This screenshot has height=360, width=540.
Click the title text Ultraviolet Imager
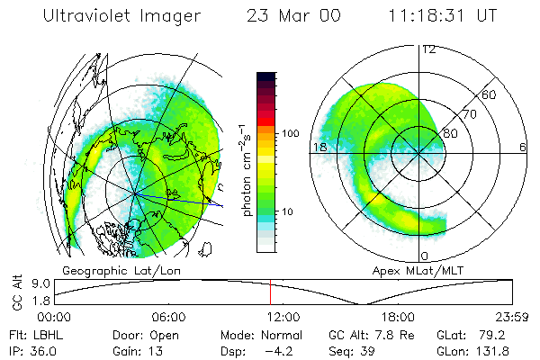click(126, 17)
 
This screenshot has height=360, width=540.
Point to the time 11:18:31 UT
click(444, 17)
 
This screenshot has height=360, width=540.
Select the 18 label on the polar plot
click(319, 147)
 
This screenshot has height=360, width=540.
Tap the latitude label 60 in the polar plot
click(490, 94)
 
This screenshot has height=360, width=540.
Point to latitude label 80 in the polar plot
click(450, 134)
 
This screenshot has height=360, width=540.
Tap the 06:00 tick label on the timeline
click(169, 317)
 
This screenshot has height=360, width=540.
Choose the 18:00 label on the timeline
click(397, 317)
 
